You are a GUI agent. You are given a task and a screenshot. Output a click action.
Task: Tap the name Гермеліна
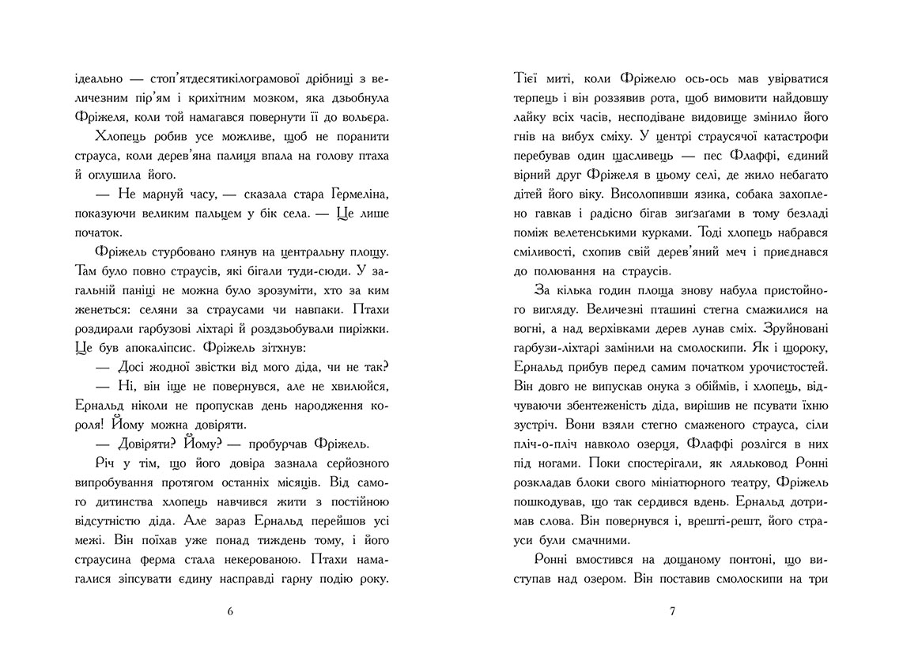[355, 194]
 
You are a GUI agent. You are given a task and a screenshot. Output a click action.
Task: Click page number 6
[230, 611]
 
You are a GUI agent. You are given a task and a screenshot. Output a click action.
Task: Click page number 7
[672, 611]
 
